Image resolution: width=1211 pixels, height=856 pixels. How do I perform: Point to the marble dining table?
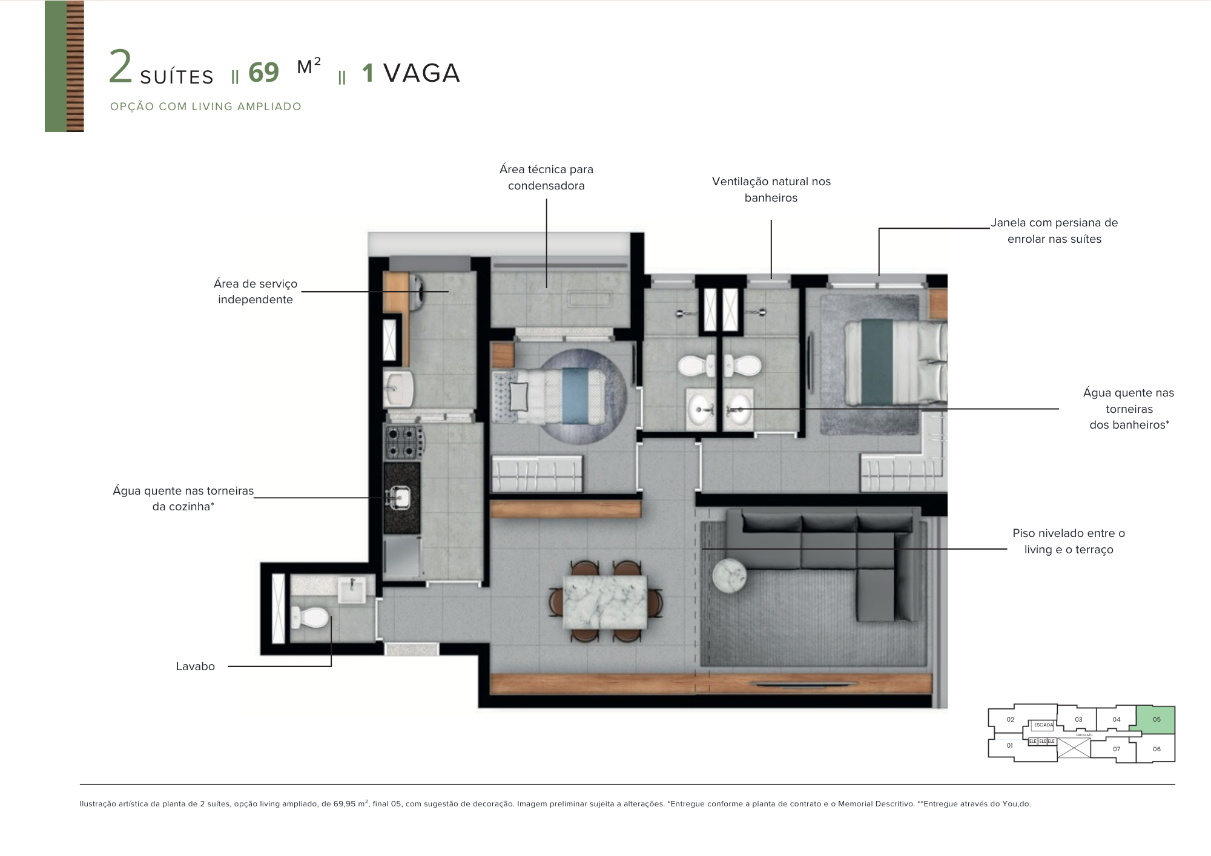click(604, 602)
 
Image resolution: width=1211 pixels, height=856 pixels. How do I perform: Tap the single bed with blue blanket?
click(557, 396)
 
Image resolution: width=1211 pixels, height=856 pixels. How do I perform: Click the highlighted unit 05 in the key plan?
click(1156, 719)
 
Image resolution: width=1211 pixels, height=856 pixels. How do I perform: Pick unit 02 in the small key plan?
click(1010, 719)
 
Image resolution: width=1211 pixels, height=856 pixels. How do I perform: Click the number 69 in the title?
click(263, 73)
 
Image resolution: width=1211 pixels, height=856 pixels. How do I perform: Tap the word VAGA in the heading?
click(421, 74)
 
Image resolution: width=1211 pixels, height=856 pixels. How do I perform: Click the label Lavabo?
click(195, 667)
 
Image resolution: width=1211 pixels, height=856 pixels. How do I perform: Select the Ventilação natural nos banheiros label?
click(771, 189)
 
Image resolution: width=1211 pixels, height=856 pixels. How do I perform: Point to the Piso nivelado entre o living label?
click(1068, 541)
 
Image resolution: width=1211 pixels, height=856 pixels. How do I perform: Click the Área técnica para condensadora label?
click(546, 177)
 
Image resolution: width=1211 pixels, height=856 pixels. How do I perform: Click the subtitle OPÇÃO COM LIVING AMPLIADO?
click(205, 107)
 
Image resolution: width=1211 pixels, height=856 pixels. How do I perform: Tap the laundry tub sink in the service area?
click(398, 388)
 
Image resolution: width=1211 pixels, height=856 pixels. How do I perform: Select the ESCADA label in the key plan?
click(1043, 725)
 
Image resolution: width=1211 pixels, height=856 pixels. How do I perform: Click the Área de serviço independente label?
click(255, 291)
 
